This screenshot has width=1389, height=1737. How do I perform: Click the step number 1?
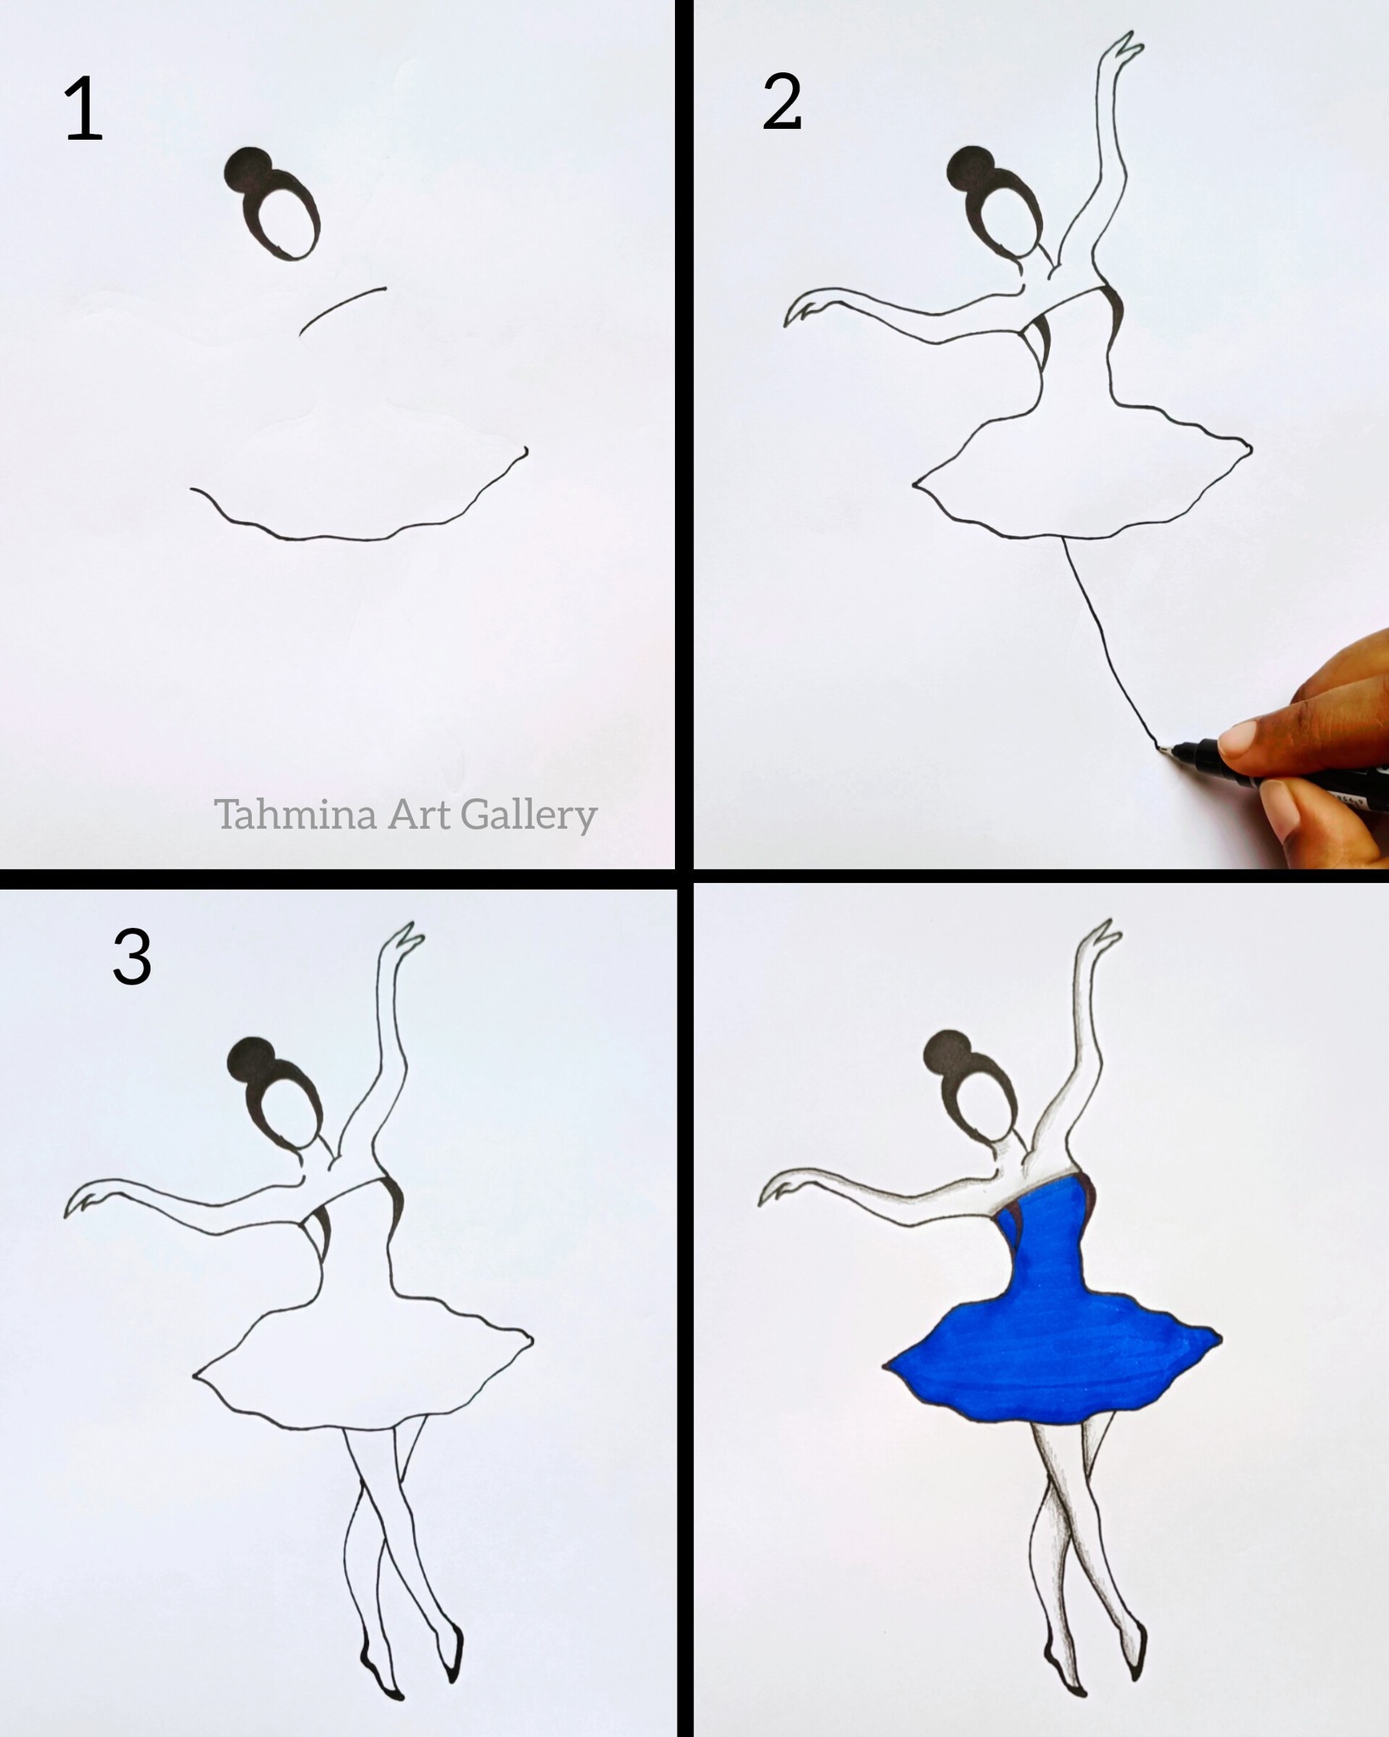pos(83,109)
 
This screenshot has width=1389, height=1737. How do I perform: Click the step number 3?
pos(132,956)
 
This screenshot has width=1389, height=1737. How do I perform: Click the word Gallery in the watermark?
pos(529,816)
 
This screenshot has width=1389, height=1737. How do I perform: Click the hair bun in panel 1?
pos(247,170)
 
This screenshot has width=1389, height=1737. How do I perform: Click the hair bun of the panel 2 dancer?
pos(968,168)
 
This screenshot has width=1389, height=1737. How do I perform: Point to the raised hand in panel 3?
pos(404,941)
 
